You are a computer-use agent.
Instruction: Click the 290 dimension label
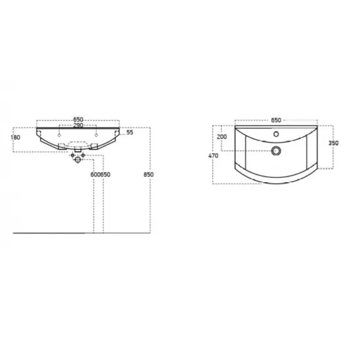78,125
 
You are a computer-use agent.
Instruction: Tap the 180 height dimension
15,137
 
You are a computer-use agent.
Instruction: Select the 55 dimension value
129,132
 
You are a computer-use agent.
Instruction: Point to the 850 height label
148,174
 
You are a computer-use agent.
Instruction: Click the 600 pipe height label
96,174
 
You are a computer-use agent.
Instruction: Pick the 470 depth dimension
213,155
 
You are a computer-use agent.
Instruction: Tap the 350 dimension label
333,143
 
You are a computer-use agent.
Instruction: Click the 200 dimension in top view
221,136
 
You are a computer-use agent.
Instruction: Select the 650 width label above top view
276,120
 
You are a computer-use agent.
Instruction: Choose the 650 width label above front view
78,120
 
